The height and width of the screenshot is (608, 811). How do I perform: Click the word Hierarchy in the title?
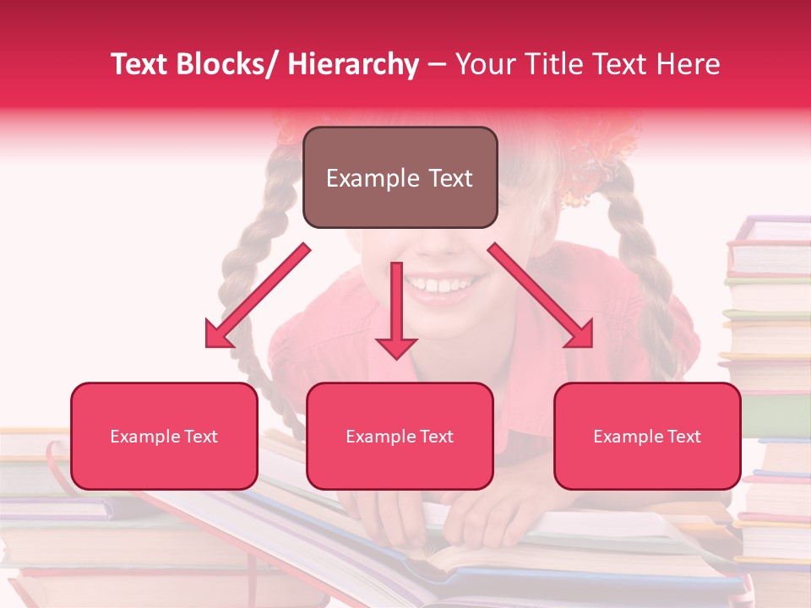(353, 64)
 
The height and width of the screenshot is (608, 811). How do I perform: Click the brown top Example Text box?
(400, 177)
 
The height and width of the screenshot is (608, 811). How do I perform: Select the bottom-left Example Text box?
(164, 437)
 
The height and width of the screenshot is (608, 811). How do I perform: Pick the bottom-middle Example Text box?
(400, 437)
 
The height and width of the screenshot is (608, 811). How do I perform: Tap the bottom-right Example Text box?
(647, 437)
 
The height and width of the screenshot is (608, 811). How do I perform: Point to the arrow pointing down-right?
(541, 296)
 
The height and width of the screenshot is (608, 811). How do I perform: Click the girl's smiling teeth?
(437, 285)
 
